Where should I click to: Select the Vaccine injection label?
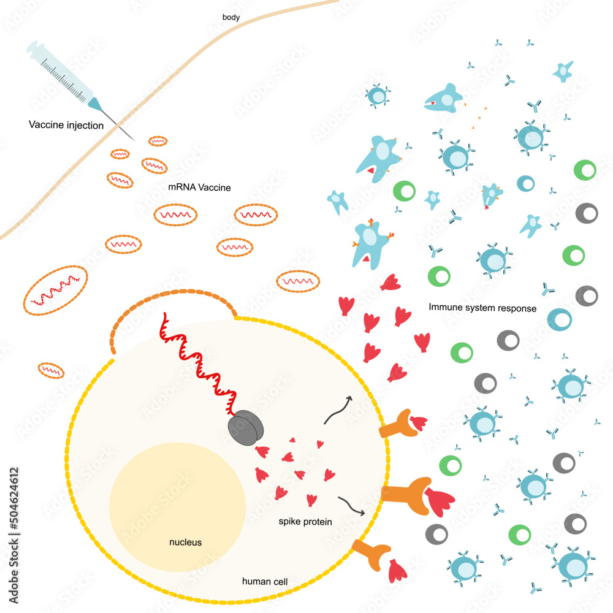(x=66, y=125)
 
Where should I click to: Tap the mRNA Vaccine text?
(x=199, y=188)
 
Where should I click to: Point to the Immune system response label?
(x=482, y=308)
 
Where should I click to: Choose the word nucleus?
(x=185, y=542)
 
